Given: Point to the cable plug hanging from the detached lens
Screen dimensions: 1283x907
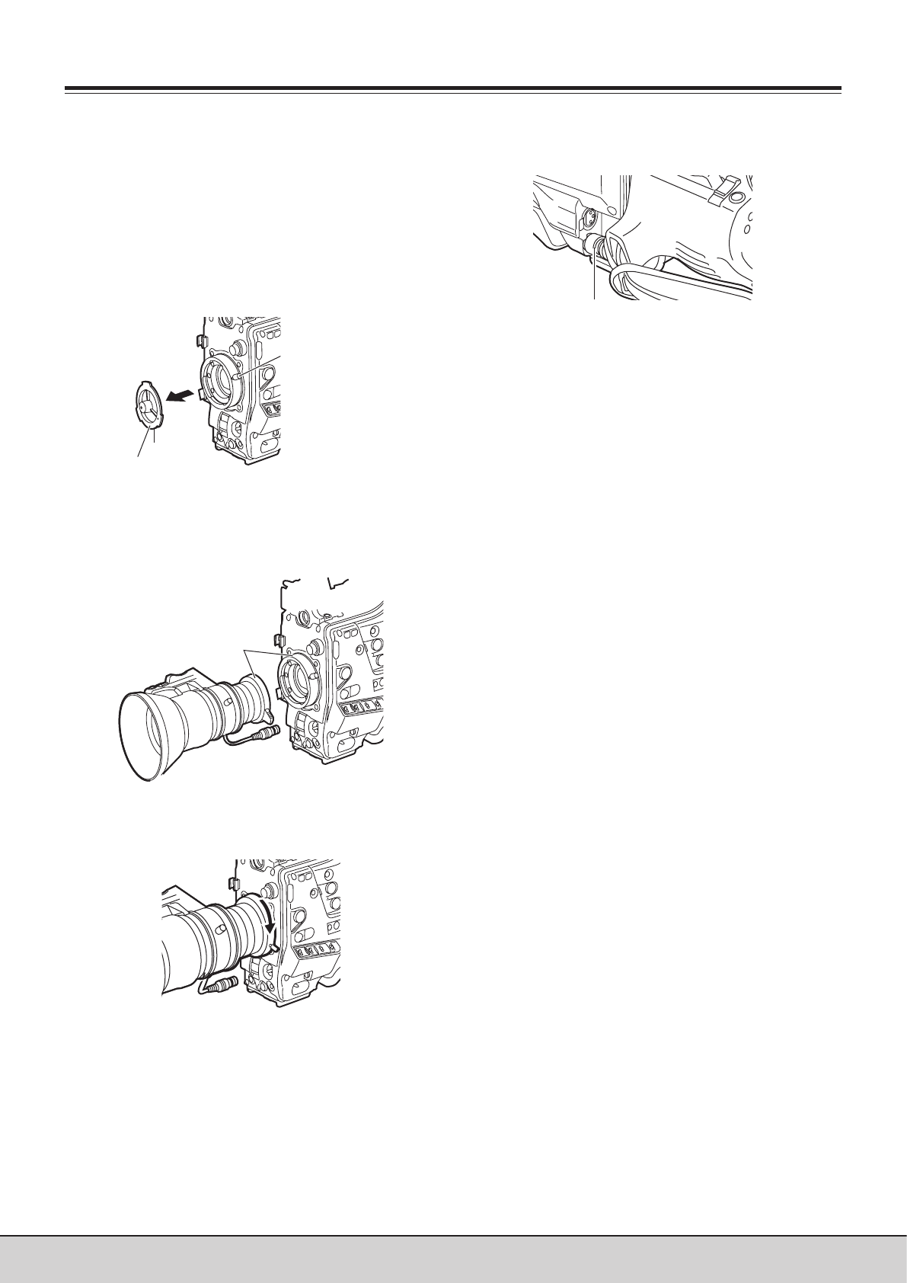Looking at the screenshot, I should click(266, 734).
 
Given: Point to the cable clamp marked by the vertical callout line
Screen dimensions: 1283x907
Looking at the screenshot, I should click(593, 248).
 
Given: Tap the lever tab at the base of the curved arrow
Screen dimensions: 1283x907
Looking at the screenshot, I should click(270, 949).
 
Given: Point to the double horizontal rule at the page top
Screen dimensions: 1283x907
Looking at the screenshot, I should click(453, 91).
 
